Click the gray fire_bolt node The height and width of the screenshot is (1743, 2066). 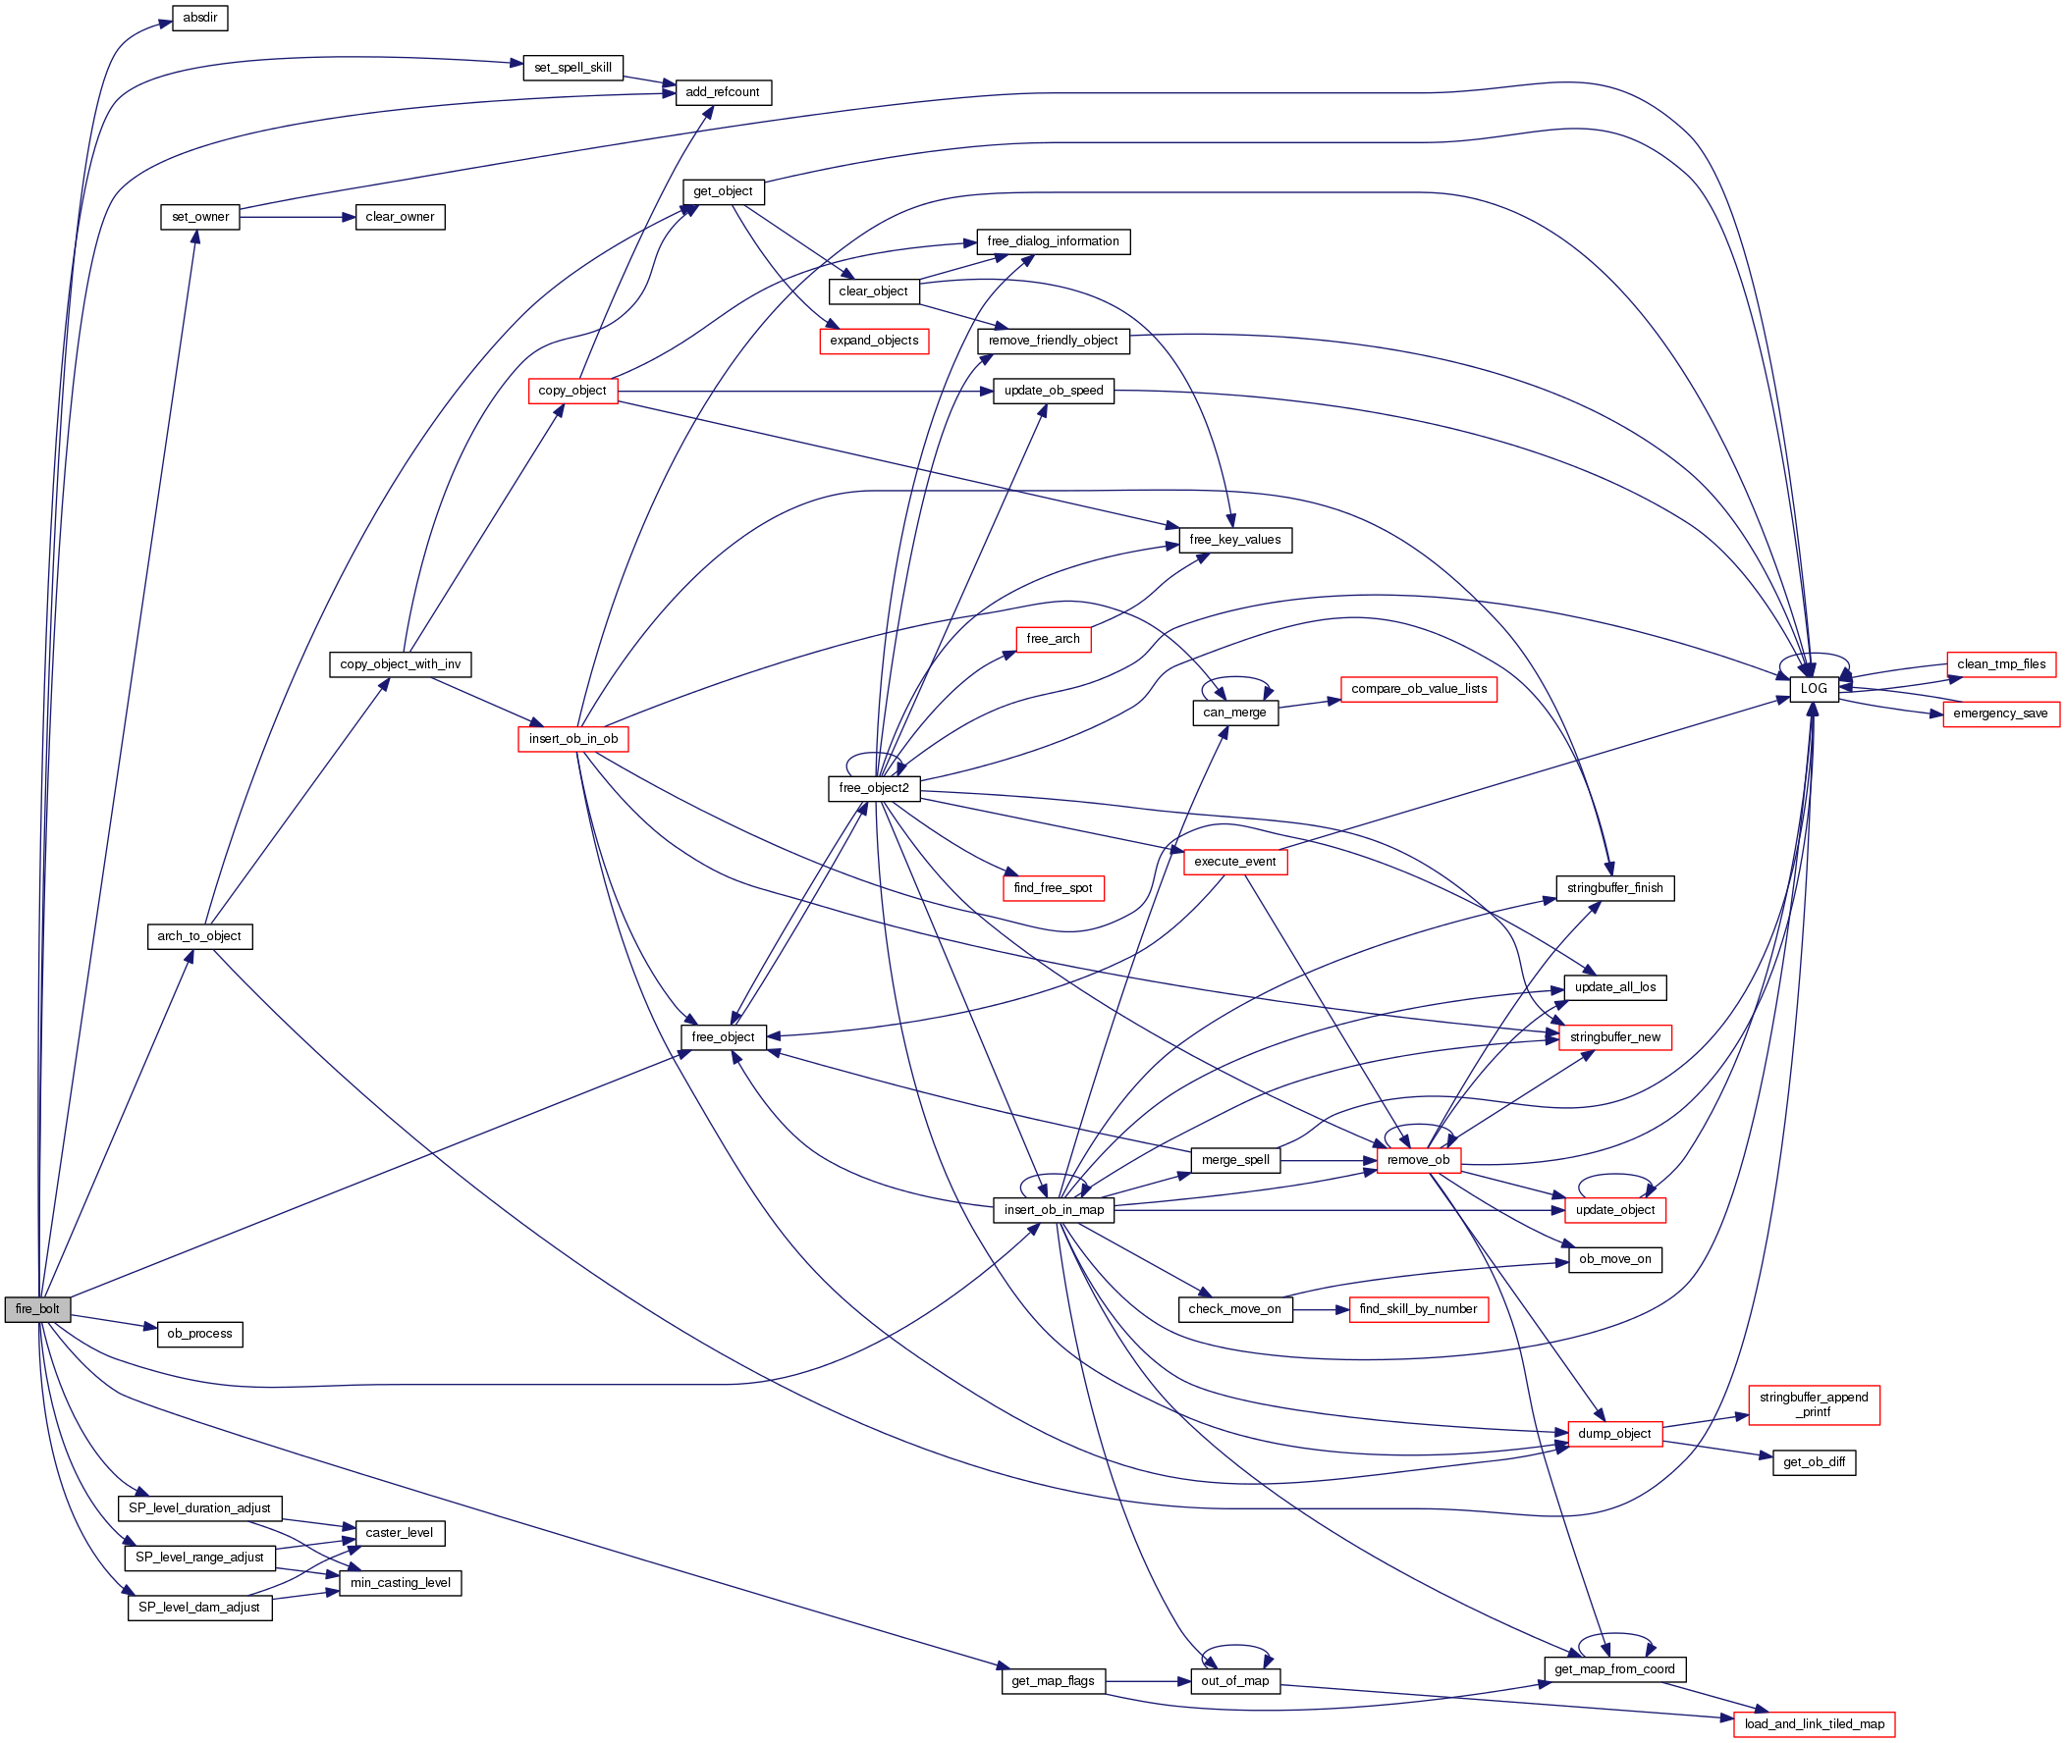point(37,1309)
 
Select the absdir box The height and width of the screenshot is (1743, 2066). point(199,18)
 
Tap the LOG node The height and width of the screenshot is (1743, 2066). point(1813,689)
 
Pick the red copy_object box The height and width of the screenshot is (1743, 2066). point(572,392)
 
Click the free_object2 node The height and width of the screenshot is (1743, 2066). point(874,788)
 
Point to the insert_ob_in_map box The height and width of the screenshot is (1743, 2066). point(1054,1210)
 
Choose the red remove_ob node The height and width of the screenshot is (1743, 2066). point(1418,1160)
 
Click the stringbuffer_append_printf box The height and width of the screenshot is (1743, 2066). point(1813,1405)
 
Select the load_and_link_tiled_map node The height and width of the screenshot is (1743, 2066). point(1814,1724)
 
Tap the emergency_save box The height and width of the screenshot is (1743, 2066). point(2000,713)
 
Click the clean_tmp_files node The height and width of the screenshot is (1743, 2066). point(2001,664)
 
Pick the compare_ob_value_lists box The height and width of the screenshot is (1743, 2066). point(1419,689)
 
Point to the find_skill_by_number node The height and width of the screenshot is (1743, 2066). point(1418,1309)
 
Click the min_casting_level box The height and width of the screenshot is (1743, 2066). point(400,1583)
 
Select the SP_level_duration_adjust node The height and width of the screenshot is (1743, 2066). point(199,1508)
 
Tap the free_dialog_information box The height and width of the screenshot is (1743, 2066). point(1053,242)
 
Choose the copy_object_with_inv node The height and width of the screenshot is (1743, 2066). point(400,665)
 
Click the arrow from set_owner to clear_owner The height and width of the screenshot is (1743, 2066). point(297,217)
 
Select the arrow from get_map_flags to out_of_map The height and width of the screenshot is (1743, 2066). point(1147,1681)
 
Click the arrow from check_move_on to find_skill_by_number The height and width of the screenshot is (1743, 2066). point(1321,1309)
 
